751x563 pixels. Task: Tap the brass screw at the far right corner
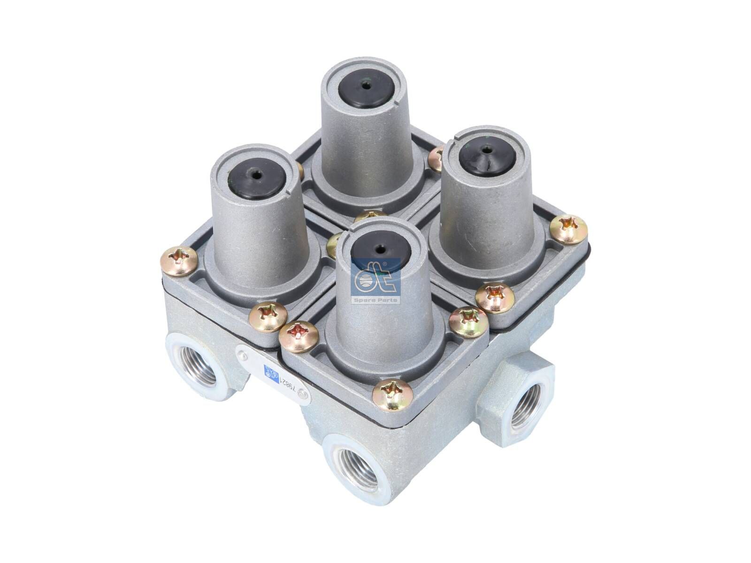569,229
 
